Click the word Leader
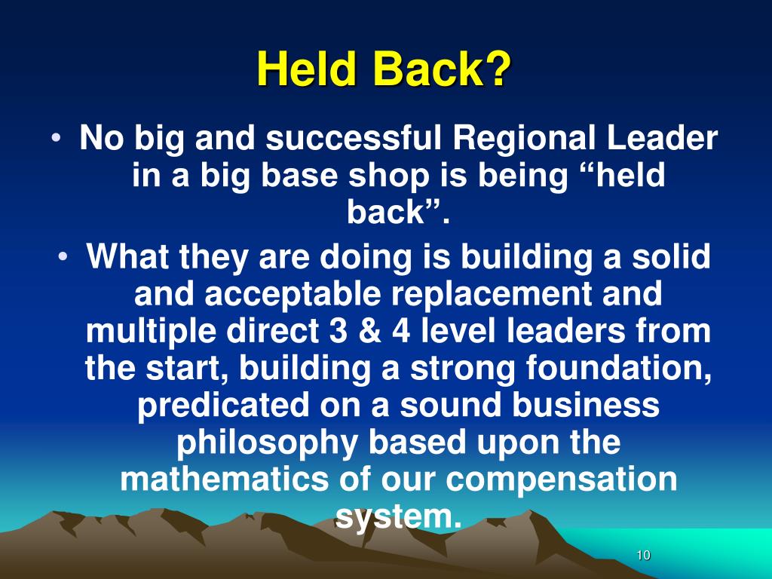[x=668, y=139]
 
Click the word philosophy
[x=268, y=443]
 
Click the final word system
[x=397, y=516]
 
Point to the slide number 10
[x=642, y=556]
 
